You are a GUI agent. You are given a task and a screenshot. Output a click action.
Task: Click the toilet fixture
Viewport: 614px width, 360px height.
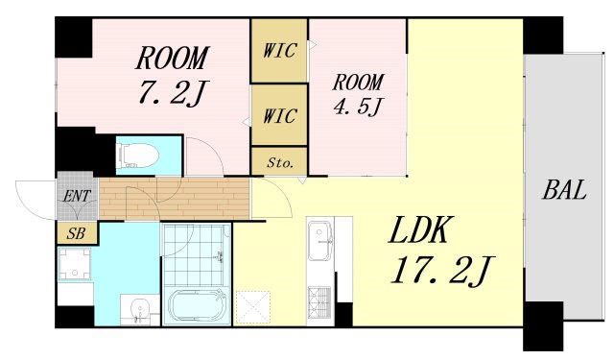(x=137, y=156)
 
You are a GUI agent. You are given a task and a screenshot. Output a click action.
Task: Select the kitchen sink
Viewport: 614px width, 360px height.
(x=320, y=241)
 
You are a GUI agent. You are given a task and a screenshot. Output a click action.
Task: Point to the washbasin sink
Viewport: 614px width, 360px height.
(x=138, y=308)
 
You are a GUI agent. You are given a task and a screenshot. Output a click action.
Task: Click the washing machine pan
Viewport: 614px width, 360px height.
(x=75, y=264)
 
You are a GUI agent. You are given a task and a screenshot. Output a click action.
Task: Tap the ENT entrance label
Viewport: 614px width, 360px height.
(x=77, y=196)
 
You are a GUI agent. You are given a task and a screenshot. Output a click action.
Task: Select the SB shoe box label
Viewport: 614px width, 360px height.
(x=77, y=233)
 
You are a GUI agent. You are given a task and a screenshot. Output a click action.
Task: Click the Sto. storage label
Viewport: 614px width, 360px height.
(x=279, y=162)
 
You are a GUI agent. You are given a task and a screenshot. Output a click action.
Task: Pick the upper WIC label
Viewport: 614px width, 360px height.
(x=279, y=51)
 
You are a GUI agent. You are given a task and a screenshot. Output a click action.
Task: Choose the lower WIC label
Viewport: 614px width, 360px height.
(x=279, y=116)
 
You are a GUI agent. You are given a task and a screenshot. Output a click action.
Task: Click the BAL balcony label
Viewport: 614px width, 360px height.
(x=564, y=189)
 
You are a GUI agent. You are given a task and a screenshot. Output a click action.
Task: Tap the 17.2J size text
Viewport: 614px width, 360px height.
(x=442, y=271)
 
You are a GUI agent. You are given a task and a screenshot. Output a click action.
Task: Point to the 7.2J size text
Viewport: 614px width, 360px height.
(x=172, y=93)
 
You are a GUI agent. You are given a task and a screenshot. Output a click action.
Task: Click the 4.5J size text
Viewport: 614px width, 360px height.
(x=358, y=106)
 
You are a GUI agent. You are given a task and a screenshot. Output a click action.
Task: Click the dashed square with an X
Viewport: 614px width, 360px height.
(x=253, y=307)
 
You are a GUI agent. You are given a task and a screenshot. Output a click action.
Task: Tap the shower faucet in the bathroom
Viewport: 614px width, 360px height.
(x=220, y=257)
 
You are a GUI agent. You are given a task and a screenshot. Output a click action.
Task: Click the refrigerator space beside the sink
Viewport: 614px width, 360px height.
(x=343, y=244)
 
